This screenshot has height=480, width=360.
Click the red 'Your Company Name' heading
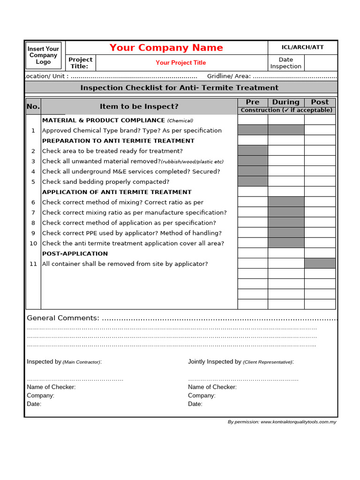(166, 48)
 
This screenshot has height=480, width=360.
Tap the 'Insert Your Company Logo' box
(44, 55)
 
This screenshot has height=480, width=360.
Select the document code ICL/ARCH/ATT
(302, 47)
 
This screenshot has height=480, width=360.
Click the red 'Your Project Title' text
(180, 63)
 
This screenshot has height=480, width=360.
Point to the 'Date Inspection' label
(285, 63)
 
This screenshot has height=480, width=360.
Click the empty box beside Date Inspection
(321, 63)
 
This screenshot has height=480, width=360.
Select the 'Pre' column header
(253, 102)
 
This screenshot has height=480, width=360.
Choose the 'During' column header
(286, 102)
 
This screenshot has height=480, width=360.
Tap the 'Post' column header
(320, 102)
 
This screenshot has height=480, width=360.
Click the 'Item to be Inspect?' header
(139, 106)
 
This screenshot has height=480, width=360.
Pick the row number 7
(33, 212)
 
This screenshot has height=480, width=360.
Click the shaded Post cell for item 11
(320, 263)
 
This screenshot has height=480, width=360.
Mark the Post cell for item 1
(320, 130)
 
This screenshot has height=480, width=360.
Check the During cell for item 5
(286, 181)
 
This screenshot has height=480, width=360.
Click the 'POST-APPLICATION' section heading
(75, 254)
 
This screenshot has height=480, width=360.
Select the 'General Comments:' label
(63, 318)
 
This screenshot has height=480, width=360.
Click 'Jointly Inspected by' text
(215, 362)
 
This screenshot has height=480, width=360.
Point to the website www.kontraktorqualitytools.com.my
(298, 422)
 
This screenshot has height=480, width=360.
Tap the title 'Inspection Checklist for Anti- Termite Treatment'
(180, 88)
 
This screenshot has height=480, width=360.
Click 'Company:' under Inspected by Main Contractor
(41, 396)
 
